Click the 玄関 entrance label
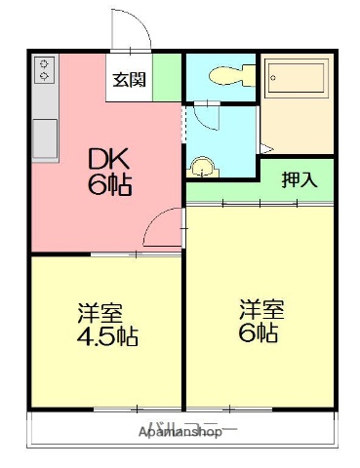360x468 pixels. [129, 80]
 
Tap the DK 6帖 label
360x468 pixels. [110, 172]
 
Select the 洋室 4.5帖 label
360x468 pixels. [106, 326]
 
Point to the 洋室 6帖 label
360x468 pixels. [260, 321]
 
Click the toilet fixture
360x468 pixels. [221, 76]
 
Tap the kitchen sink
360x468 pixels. [45, 133]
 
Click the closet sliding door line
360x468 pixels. [260, 202]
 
